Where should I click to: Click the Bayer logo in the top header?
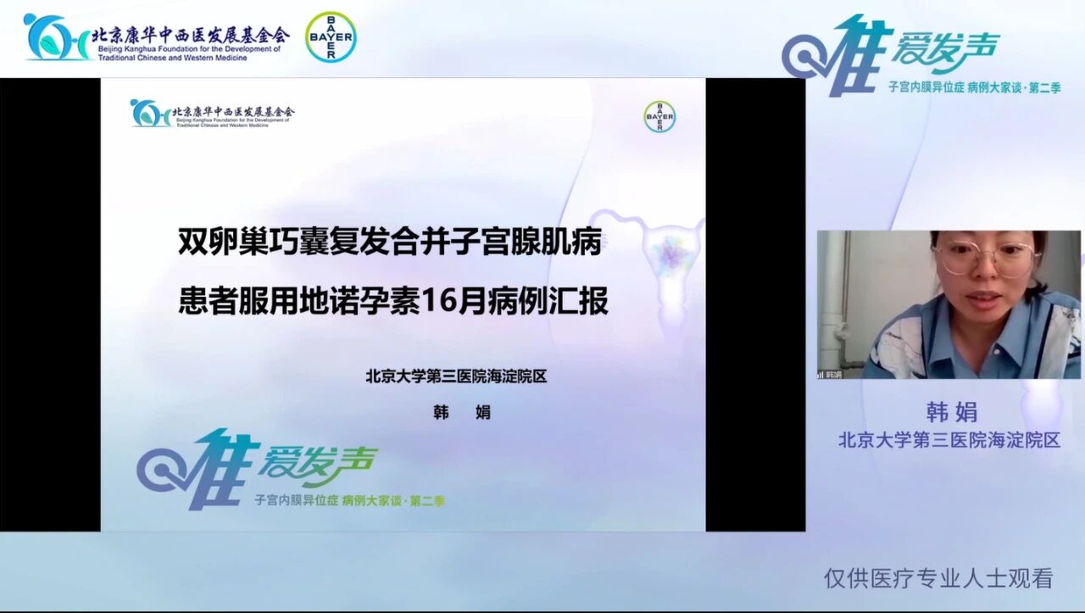pyautogui.click(x=331, y=36)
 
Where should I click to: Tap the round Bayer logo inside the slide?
pyautogui.click(x=659, y=117)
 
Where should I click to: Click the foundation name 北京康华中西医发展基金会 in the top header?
pyautogui.click(x=190, y=34)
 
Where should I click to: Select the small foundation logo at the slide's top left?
pyautogui.click(x=149, y=113)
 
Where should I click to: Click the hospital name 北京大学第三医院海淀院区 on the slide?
pyautogui.click(x=456, y=376)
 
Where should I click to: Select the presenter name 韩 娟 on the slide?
pyautogui.click(x=462, y=413)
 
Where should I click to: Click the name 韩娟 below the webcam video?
pyautogui.click(x=951, y=412)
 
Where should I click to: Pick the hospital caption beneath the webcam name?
pyautogui.click(x=949, y=440)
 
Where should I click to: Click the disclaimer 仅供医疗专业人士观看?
pyautogui.click(x=938, y=578)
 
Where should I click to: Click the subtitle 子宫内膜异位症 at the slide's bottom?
pyautogui.click(x=297, y=501)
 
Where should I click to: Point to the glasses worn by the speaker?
pyautogui.click(x=988, y=259)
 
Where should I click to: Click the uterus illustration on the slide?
pyautogui.click(x=671, y=254)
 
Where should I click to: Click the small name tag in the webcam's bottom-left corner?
pyautogui.click(x=830, y=374)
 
